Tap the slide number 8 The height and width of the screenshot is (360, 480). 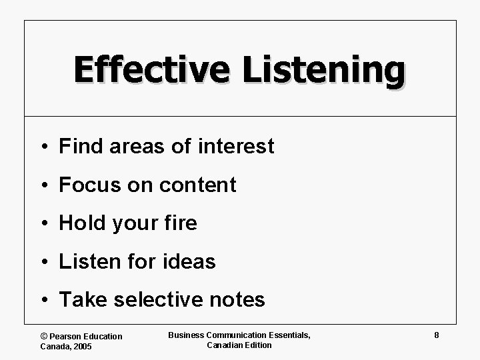tap(436, 335)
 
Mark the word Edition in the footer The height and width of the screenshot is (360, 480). tap(257, 345)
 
